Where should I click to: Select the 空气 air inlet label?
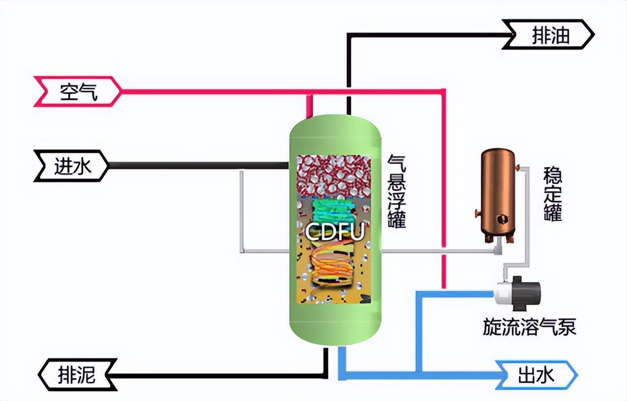click(78, 91)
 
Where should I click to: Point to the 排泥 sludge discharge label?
click(78, 375)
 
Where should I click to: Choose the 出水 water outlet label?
click(535, 375)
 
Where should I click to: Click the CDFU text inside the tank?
click(334, 232)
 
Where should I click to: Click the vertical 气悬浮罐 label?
click(396, 191)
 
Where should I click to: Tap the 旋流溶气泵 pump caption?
click(529, 327)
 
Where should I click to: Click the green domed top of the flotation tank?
click(334, 131)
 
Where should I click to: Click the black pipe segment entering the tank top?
click(349, 105)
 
